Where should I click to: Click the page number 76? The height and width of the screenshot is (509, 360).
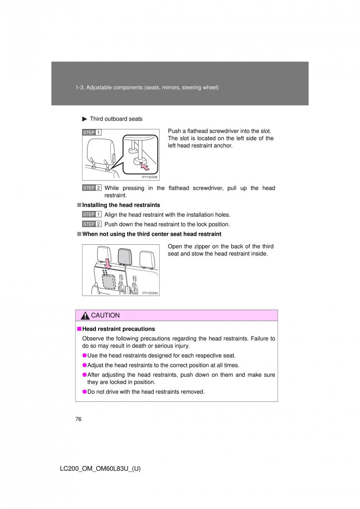click(78, 419)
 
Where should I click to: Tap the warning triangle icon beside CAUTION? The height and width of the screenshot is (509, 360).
click(85, 316)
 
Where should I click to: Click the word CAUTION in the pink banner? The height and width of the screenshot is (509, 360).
click(105, 316)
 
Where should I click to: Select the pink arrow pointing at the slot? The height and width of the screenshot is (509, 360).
click(145, 167)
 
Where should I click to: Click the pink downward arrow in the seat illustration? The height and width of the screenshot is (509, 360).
click(107, 263)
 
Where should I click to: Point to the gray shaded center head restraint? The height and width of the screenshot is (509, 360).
click(125, 256)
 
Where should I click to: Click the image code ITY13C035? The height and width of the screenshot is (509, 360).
click(149, 177)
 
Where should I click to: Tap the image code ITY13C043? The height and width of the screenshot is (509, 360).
click(150, 293)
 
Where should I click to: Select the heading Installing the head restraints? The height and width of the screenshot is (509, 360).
click(121, 205)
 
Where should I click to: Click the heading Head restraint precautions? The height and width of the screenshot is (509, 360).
click(118, 329)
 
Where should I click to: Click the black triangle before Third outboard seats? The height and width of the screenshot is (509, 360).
click(84, 119)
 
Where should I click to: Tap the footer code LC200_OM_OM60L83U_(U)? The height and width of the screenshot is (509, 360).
click(100, 469)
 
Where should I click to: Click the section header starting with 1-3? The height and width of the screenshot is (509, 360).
click(147, 87)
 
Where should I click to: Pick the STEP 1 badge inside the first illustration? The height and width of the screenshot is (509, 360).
click(92, 132)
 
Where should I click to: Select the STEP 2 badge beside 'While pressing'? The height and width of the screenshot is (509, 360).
click(92, 187)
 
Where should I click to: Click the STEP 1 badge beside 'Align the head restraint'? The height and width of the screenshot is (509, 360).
click(92, 214)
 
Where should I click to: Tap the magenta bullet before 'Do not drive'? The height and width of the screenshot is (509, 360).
click(84, 392)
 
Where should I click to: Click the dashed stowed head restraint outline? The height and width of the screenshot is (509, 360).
click(109, 281)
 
